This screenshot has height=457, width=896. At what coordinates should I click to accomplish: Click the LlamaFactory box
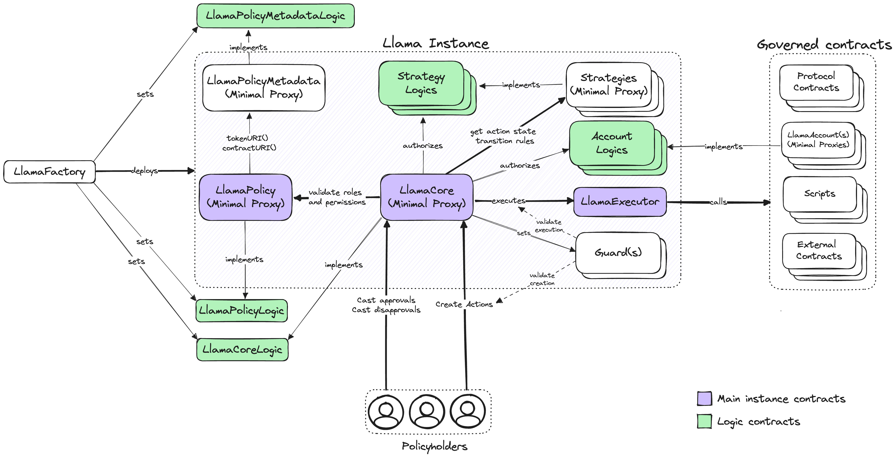point(49,172)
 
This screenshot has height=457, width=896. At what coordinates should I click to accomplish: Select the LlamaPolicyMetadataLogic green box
point(276,16)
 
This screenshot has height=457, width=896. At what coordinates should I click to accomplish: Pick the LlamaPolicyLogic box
point(242,310)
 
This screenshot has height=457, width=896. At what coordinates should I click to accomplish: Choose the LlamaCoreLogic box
point(242,349)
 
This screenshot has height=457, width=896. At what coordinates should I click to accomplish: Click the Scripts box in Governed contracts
point(820,194)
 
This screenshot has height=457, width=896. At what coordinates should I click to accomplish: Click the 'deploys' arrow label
point(144,171)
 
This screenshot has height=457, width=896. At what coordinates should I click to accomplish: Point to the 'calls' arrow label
point(718,202)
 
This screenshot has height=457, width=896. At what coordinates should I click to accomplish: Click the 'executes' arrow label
point(508,200)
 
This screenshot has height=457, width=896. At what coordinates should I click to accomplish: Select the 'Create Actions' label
point(464,304)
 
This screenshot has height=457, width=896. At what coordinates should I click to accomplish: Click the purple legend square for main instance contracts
point(704,398)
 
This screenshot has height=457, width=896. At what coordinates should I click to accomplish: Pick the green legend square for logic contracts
point(704,421)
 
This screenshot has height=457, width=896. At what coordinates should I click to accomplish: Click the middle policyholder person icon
point(427,412)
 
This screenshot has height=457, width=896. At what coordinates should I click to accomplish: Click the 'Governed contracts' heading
point(824,45)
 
